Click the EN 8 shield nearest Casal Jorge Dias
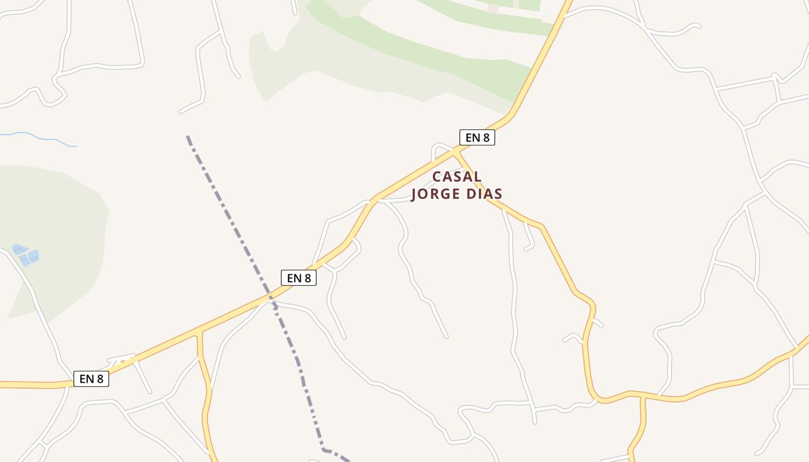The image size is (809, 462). click(x=477, y=137)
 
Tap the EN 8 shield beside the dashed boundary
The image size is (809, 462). click(x=299, y=278)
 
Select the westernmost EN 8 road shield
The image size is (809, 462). click(x=91, y=379)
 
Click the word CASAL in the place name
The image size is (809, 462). click(x=457, y=177)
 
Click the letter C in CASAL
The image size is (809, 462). click(x=437, y=177)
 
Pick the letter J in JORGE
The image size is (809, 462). click(x=414, y=194)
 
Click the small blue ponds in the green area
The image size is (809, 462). click(x=27, y=255)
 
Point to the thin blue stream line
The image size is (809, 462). click(x=40, y=138)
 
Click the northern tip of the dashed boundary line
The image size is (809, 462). click(x=187, y=136)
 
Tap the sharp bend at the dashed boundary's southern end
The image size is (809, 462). click(x=324, y=449)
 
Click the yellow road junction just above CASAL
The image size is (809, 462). click(x=455, y=151)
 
